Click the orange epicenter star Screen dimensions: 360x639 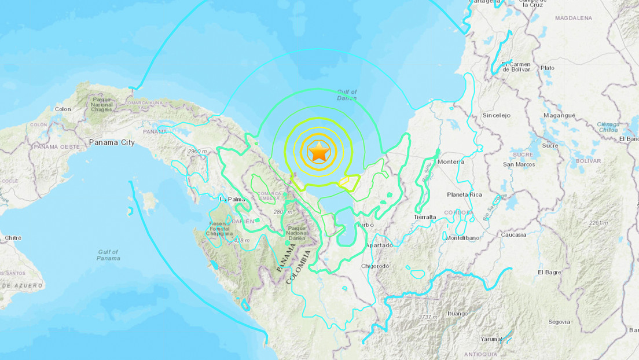319,152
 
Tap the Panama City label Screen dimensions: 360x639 112,142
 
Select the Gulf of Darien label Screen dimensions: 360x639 347,95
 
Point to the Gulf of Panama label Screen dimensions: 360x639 108,255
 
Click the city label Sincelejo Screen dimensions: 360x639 497,115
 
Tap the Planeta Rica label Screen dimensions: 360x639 464,194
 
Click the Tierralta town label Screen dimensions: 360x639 425,216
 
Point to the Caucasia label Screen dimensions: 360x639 514,234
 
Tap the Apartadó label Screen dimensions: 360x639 379,245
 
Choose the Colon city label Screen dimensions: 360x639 63,109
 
